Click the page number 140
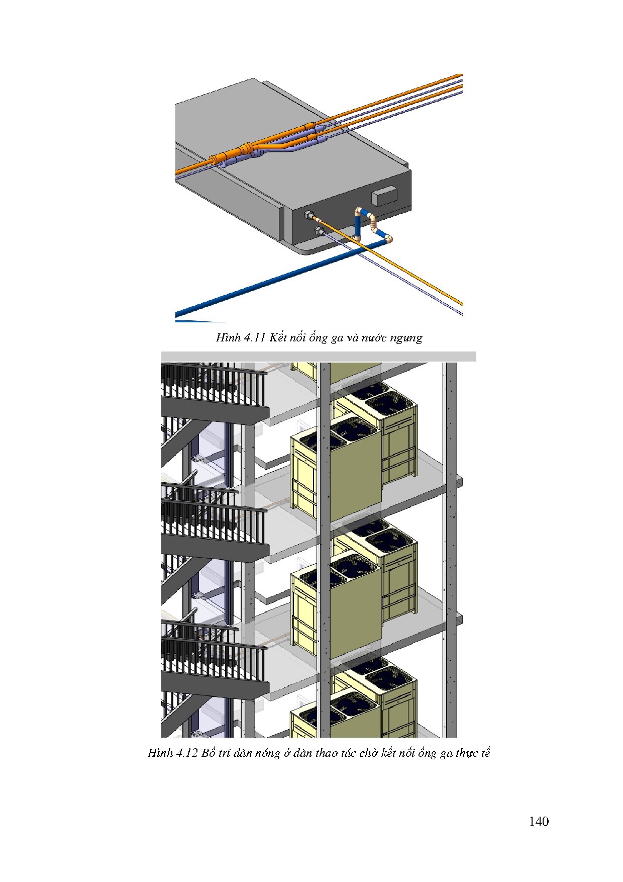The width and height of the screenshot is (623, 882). (x=539, y=822)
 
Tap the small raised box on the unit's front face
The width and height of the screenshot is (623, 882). (x=384, y=197)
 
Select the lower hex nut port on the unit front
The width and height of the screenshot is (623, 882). (x=319, y=231)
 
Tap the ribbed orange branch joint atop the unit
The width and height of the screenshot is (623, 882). (x=246, y=149)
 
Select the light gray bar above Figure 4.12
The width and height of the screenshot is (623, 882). (x=319, y=357)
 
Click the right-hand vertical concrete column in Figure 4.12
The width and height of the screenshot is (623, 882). (x=452, y=550)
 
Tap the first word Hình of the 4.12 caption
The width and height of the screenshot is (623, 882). (x=160, y=753)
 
